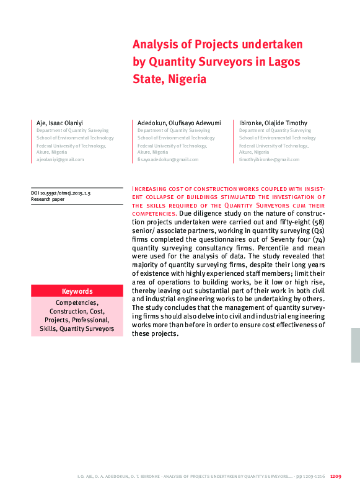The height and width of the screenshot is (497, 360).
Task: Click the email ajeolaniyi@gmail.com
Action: click(x=60, y=159)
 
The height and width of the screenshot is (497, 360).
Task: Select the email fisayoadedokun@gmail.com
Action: click(x=168, y=159)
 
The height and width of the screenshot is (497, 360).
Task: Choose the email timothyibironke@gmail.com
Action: click(x=270, y=159)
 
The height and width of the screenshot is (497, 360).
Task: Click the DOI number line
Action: click(x=61, y=194)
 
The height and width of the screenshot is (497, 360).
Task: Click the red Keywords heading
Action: click(x=77, y=291)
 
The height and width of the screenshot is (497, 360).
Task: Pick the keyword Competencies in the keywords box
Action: click(x=77, y=302)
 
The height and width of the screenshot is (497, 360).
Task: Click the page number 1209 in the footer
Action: click(x=336, y=477)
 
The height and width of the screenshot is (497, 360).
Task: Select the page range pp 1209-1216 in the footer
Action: click(x=312, y=477)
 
